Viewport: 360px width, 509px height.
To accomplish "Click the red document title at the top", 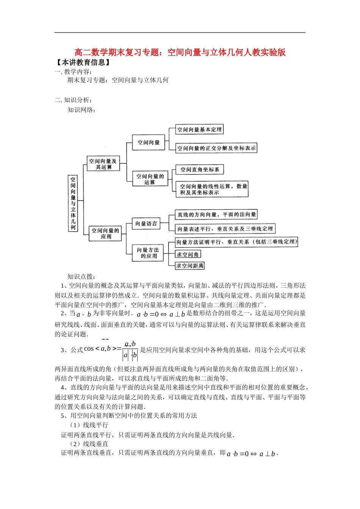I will coord(180,52).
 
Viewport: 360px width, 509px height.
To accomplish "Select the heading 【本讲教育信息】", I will coord(83,62).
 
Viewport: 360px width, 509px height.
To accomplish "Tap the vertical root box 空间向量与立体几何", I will coord(73,203).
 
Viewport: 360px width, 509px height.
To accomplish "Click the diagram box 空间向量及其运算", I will coord(103,164).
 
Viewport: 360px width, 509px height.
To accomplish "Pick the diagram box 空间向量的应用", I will coord(106,233).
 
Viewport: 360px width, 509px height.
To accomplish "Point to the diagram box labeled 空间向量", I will coord(149,142).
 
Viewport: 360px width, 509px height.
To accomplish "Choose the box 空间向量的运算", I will coord(150,179).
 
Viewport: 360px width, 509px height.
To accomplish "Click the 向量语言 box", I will coord(146,223).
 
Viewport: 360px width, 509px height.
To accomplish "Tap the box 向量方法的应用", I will coord(148,253).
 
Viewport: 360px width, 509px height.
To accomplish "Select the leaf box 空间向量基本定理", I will coord(199,130).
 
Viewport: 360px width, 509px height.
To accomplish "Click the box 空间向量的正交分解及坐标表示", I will coord(216,148).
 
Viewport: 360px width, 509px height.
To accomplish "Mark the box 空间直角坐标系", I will coord(200,170).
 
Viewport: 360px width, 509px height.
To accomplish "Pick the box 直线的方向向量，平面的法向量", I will coord(216,215).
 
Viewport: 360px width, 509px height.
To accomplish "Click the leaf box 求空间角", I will coord(188,254).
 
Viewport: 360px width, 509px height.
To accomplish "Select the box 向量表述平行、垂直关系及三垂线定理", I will coord(225,229).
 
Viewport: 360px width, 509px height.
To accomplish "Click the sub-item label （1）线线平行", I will coord(89,425).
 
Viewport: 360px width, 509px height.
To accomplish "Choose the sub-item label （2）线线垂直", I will coord(89,444).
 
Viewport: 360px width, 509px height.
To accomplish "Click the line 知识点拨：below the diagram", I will coord(81,276).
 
